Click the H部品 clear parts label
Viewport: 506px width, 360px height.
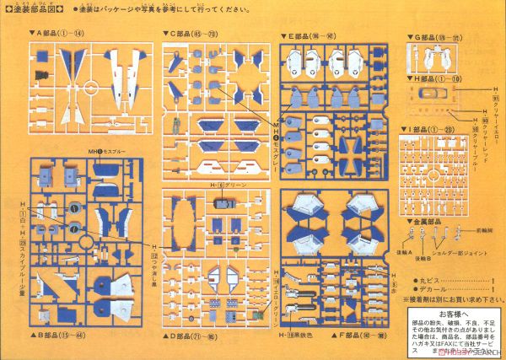pos(433,78)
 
